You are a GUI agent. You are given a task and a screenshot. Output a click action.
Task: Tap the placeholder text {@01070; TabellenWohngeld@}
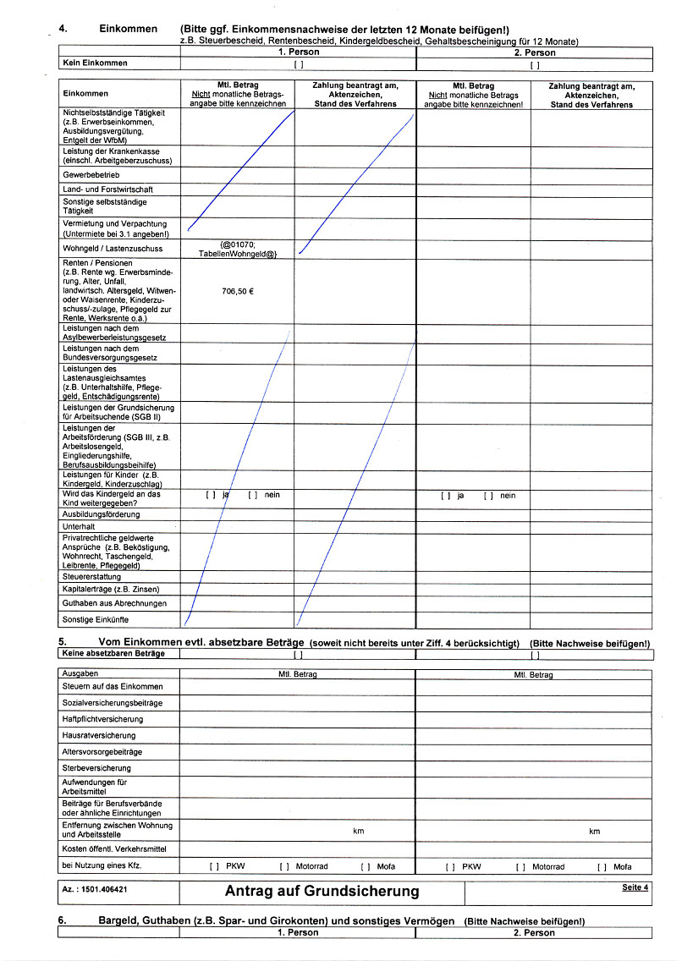click(x=237, y=249)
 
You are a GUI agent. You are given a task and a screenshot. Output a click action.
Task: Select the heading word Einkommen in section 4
click(x=129, y=29)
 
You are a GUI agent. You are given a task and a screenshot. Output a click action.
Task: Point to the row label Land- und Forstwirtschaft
click(x=107, y=189)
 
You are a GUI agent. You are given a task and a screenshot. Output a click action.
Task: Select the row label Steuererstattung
click(x=91, y=576)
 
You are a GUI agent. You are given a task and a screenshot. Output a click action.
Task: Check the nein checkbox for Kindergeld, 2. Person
click(x=488, y=496)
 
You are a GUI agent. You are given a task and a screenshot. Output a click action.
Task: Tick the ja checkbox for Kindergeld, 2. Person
click(x=445, y=496)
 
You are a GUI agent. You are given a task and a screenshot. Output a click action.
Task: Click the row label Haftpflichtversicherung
click(x=102, y=719)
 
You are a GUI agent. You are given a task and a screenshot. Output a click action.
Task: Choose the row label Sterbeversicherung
click(x=96, y=767)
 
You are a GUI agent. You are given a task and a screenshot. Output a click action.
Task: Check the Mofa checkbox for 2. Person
click(x=602, y=867)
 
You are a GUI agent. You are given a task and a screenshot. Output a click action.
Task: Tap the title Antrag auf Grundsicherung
click(x=322, y=891)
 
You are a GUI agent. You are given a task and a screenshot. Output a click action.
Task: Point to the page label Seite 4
click(x=635, y=887)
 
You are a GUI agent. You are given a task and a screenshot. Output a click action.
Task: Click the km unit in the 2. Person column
click(x=594, y=832)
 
